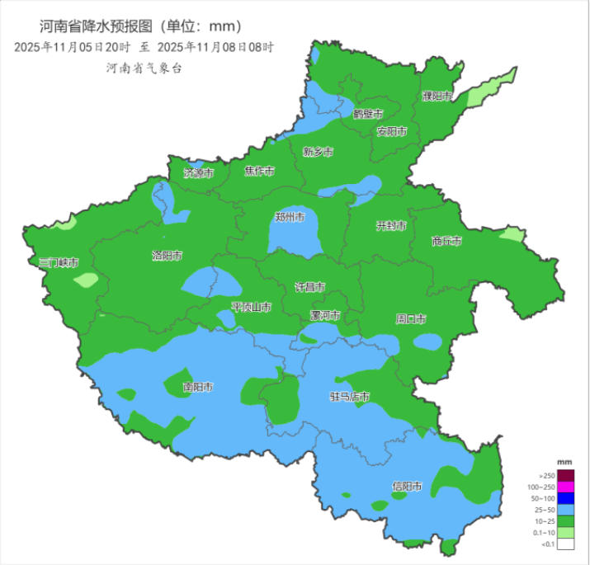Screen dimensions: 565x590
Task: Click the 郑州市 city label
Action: point(290,218)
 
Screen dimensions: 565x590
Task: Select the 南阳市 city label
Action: point(198,386)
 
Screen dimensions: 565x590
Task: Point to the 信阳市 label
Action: point(407,486)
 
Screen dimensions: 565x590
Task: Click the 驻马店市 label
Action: point(349,397)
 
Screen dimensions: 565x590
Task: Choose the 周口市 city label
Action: point(410,318)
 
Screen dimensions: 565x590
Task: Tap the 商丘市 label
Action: point(446,242)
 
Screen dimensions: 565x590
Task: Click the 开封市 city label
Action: point(391,226)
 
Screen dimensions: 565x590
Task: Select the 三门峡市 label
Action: point(59,263)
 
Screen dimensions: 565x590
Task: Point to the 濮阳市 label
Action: point(437,97)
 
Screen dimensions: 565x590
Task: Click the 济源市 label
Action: point(198,174)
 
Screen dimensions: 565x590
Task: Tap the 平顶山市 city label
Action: point(251,307)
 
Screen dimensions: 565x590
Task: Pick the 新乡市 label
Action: point(318,152)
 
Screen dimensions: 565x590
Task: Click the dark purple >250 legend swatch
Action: point(565,475)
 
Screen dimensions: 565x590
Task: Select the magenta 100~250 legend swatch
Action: point(565,487)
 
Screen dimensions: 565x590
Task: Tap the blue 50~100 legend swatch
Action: point(565,498)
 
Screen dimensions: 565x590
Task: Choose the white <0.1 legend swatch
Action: point(565,544)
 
